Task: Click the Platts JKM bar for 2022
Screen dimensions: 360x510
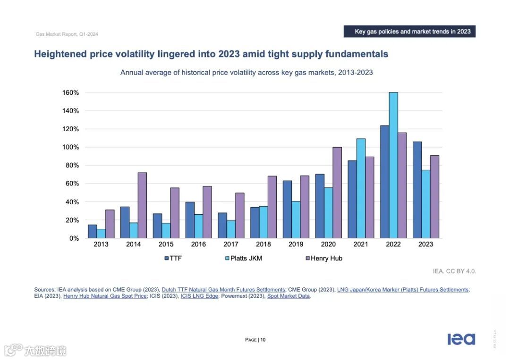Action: coord(393,165)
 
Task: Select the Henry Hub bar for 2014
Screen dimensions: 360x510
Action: coord(142,205)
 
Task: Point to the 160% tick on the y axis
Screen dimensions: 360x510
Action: coord(71,92)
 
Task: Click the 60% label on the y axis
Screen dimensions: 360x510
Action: coord(72,184)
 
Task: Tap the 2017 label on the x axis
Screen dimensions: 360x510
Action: coord(231,244)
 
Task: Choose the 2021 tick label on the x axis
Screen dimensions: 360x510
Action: coord(361,244)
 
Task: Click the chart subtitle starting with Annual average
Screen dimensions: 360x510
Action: coord(246,73)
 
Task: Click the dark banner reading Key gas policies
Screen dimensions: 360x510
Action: coord(409,32)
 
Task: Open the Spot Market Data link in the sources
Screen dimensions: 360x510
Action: coord(289,296)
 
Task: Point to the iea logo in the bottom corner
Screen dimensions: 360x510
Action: coord(461,339)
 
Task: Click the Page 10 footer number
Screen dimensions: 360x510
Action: coord(255,340)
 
